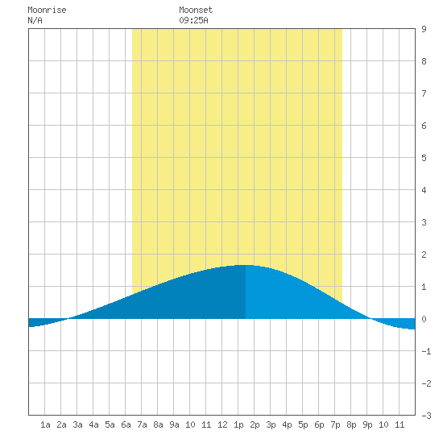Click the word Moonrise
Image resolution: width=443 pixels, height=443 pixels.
[x=47, y=10]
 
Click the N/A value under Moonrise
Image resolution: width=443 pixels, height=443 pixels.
[x=35, y=20]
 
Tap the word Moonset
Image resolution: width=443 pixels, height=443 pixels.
[x=196, y=10]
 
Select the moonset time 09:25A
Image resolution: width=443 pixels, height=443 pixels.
[x=193, y=20]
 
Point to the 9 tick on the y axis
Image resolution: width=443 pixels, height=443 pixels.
[x=424, y=29]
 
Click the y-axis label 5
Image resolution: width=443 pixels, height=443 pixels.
[x=424, y=158]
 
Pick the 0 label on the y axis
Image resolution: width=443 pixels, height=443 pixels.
[x=424, y=319]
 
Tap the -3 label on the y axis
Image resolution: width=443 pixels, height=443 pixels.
[x=426, y=416]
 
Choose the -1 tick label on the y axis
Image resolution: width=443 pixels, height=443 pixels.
[x=426, y=351]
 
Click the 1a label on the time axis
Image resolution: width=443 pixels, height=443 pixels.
[x=45, y=424]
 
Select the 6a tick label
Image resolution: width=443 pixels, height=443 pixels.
[x=126, y=424]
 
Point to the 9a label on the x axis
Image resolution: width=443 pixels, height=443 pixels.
[x=174, y=424]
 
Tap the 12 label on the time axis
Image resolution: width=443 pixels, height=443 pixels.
[x=222, y=424]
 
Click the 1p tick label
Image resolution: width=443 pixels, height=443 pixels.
[x=238, y=424]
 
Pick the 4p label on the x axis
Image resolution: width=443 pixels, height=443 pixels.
[x=287, y=424]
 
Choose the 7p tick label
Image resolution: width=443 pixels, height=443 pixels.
[x=335, y=424]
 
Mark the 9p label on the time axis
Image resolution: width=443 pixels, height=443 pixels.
[x=367, y=424]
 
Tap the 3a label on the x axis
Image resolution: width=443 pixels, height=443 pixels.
[x=77, y=424]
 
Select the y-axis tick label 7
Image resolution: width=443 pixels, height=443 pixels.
[x=424, y=93]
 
